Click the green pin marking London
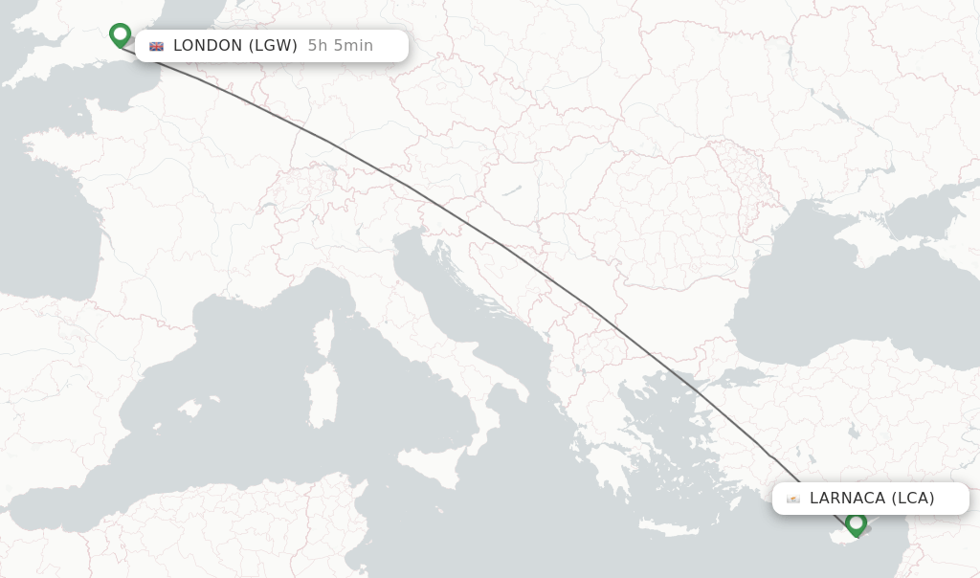[x=120, y=34]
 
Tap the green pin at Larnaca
[x=856, y=522]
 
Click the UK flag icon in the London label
[x=156, y=46]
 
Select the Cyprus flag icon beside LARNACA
[x=793, y=499]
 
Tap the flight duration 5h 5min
[x=341, y=45]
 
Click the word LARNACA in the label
[x=847, y=498]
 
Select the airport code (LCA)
[x=913, y=498]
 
